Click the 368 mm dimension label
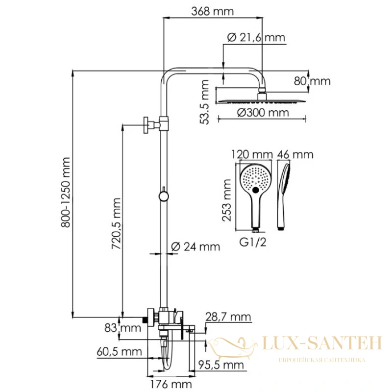(x=213, y=11)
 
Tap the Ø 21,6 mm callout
(x=256, y=38)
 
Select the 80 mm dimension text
(x=312, y=81)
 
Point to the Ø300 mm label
(x=263, y=113)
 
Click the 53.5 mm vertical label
(x=204, y=102)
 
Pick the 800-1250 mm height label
(x=66, y=192)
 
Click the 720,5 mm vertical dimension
(x=116, y=223)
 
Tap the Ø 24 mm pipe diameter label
(x=196, y=247)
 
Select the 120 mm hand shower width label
(x=252, y=154)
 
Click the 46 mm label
(x=295, y=154)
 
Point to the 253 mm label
(x=227, y=200)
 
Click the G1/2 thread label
(x=253, y=242)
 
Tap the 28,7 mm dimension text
(x=228, y=317)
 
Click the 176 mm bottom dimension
(x=171, y=384)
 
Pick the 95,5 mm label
(x=221, y=365)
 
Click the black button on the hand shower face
(x=255, y=190)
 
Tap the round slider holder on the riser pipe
(x=164, y=196)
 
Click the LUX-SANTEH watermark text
(x=322, y=343)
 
